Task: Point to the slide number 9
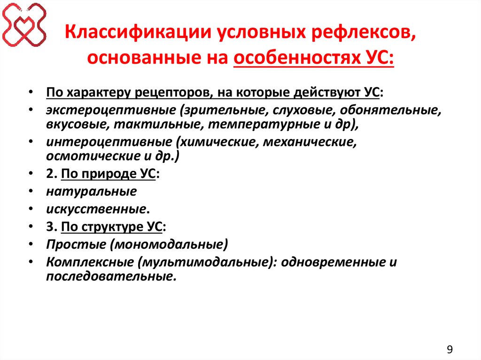[450, 349]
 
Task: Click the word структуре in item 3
[116, 227]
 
